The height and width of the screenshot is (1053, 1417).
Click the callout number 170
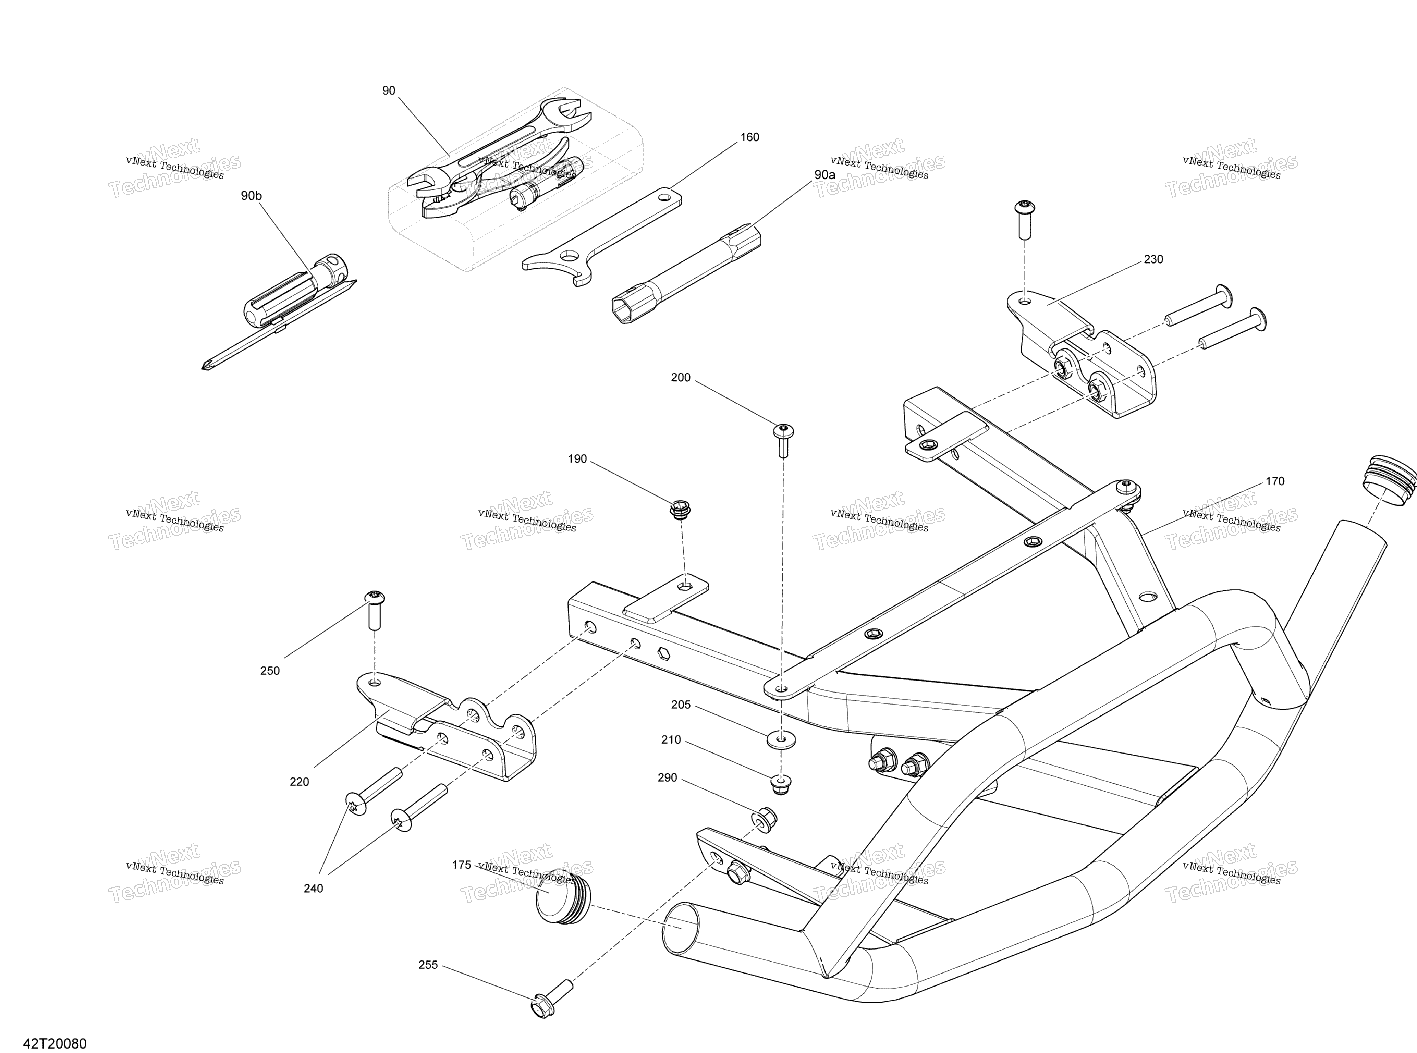[x=1275, y=481]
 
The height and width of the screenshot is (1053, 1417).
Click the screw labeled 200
[x=783, y=440]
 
